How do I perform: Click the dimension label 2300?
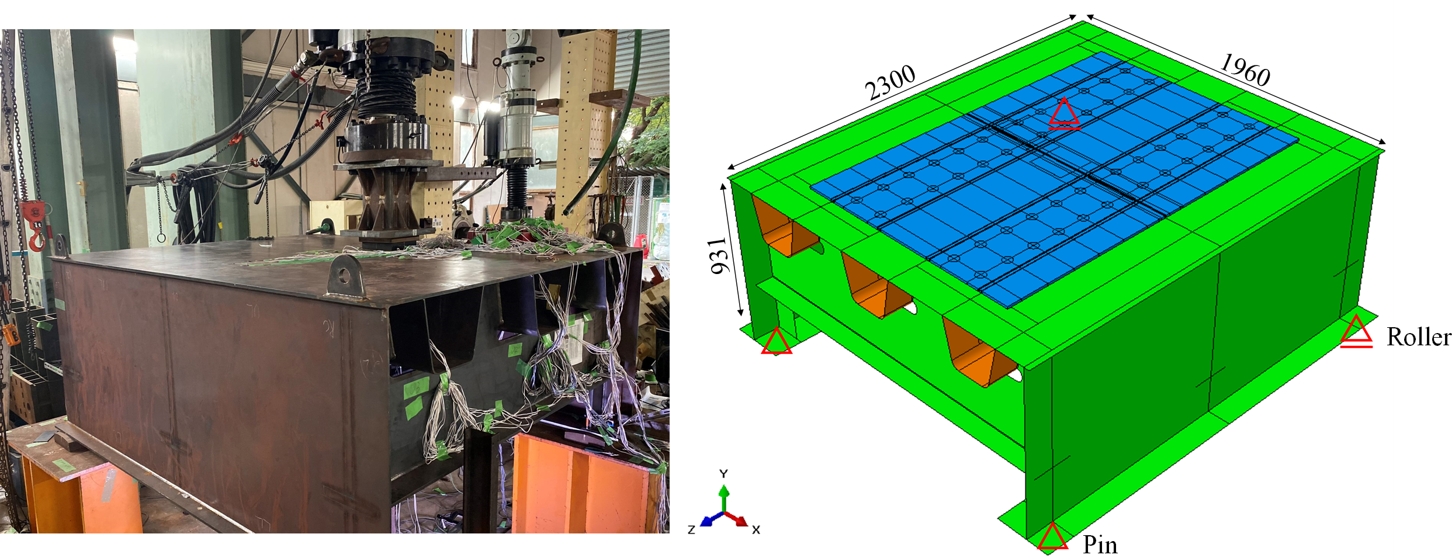(x=890, y=83)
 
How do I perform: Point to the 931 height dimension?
(x=721, y=255)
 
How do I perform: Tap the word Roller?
(x=1419, y=337)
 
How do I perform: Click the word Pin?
(x=1100, y=545)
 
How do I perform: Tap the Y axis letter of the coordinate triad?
(x=723, y=473)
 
